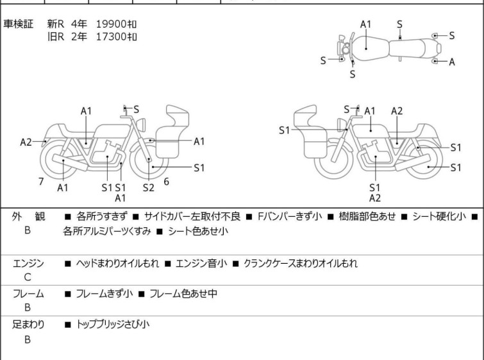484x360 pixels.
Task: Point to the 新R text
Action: tap(56, 24)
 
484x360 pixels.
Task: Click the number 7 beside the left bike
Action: tap(41, 182)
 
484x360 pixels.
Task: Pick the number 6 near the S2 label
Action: tap(166, 182)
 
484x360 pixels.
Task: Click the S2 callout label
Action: tap(148, 188)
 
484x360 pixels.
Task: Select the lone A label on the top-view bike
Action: tap(452, 62)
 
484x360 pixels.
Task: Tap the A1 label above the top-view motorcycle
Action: tap(365, 24)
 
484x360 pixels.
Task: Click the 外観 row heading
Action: tap(28, 217)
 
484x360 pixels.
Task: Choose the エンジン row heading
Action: tap(28, 263)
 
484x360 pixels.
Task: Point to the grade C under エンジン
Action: tap(28, 277)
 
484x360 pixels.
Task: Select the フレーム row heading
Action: tap(28, 294)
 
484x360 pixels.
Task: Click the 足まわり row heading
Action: tap(28, 324)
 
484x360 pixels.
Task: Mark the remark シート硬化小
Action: tap(440, 217)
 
